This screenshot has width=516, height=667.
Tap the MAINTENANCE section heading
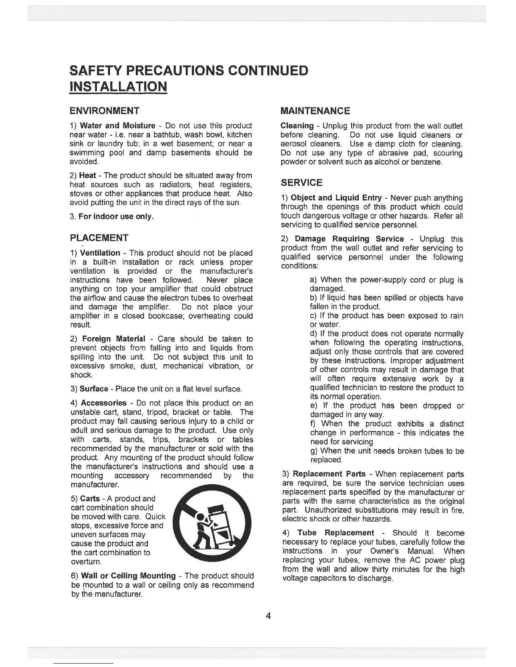pos(315,111)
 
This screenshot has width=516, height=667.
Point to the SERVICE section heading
pos(301,183)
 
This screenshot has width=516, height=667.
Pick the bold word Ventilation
pos(100,253)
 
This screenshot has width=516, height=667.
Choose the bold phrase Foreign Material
pos(114,339)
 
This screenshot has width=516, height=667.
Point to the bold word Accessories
pos(104,403)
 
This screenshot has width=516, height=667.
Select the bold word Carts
pos(90,499)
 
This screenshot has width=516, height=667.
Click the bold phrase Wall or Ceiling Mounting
pos(128,576)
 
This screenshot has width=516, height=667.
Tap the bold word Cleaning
pos(297,126)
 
